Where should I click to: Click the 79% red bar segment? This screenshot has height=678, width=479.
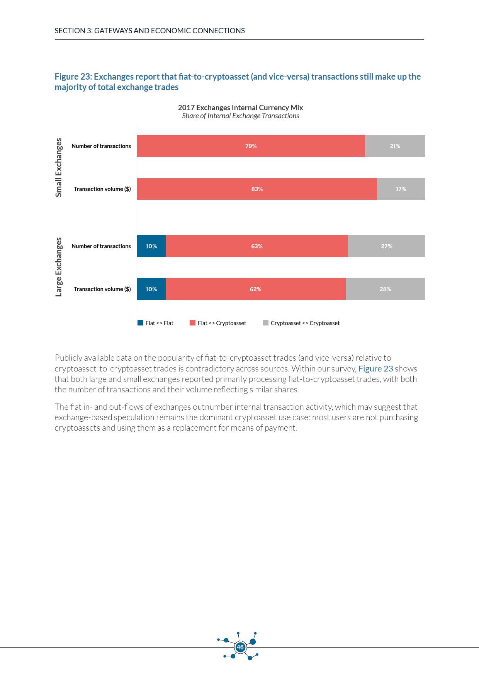[x=251, y=146]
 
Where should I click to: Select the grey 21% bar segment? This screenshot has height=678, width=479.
[x=395, y=146]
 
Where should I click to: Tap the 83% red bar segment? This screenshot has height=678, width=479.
[x=257, y=189]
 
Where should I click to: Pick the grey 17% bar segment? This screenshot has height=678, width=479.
[x=401, y=189]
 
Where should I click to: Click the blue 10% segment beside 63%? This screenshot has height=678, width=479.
[x=151, y=246]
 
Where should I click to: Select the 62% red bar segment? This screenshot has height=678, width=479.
[x=255, y=289]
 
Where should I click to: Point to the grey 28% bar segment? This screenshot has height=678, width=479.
[x=385, y=289]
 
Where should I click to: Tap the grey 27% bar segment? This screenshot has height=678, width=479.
[x=386, y=246]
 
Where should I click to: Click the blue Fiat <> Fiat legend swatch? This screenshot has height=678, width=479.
[x=141, y=323]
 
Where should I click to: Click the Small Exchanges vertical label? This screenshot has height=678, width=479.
[x=59, y=167]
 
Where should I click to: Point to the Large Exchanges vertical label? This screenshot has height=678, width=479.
[x=59, y=267]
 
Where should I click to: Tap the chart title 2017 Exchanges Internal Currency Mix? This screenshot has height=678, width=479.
[x=240, y=107]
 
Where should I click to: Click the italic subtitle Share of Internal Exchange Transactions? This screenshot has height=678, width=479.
[x=240, y=116]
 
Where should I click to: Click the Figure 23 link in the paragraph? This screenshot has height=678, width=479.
[x=375, y=368]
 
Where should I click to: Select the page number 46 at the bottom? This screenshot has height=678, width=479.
[x=240, y=647]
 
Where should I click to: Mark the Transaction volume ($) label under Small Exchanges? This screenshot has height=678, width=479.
[x=102, y=189]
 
